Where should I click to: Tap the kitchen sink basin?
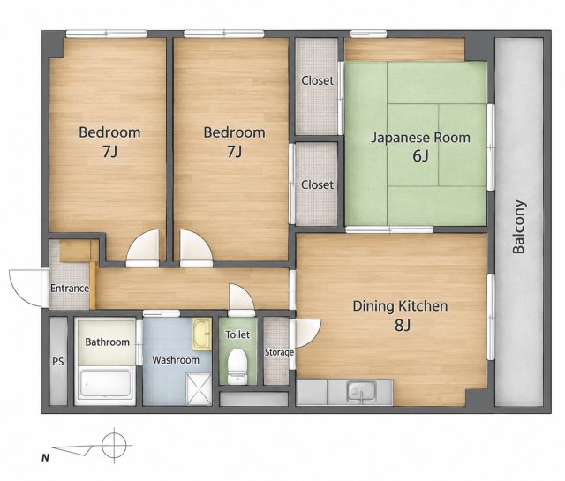pos(362,392)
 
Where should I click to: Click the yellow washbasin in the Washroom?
pos(201,334)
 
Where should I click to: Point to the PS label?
pos(58,361)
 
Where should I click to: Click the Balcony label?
pos(518,227)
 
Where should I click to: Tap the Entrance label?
pos(70,289)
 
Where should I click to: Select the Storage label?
pos(279,352)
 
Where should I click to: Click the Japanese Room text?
pos(420,138)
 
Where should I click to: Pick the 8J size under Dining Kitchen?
pos(403,326)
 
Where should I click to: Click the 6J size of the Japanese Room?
pos(420,156)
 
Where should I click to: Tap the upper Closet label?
pos(317,80)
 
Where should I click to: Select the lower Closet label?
pos(317,184)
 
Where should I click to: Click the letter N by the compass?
pos(45,458)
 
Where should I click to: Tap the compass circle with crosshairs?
pos(114,446)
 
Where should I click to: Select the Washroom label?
pos(176,360)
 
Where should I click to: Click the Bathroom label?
pos(107,342)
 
